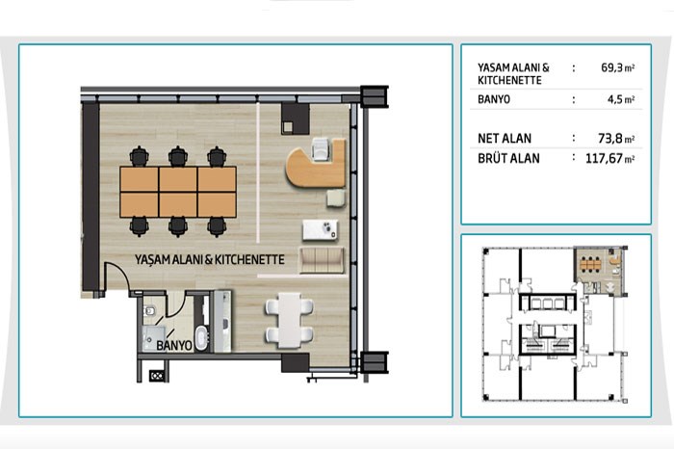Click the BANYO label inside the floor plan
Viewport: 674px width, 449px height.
pyautogui.click(x=174, y=345)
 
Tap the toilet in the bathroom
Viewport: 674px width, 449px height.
pyautogui.click(x=148, y=310)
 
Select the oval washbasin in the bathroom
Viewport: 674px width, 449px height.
pyautogui.click(x=201, y=337)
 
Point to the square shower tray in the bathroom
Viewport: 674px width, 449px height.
pyautogui.click(x=153, y=338)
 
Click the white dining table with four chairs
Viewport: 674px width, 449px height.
pyautogui.click(x=289, y=321)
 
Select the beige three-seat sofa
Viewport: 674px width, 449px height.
pyautogui.click(x=322, y=260)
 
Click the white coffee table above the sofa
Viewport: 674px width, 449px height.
pyautogui.click(x=321, y=230)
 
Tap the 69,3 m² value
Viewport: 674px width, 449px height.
pyautogui.click(x=618, y=67)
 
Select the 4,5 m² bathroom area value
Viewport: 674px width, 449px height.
pyautogui.click(x=621, y=99)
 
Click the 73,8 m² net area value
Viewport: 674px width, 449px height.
pyautogui.click(x=616, y=139)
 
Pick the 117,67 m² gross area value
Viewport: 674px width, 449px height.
pyautogui.click(x=609, y=159)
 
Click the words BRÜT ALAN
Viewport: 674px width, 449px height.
pyautogui.click(x=508, y=158)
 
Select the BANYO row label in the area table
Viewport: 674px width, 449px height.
pyautogui.click(x=494, y=99)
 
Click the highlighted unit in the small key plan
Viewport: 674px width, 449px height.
pyautogui.click(x=599, y=270)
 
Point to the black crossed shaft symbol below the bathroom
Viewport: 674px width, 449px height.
pyautogui.click(x=156, y=376)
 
